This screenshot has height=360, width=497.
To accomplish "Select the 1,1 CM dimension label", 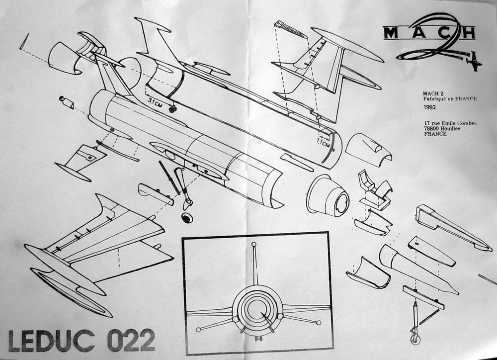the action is pyautogui.click(x=324, y=143).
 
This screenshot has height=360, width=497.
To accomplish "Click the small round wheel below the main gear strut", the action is pyautogui.click(x=187, y=217).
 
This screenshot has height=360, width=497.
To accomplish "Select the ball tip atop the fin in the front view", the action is pyautogui.click(x=254, y=245).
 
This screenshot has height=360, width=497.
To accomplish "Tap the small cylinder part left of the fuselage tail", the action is pyautogui.click(x=67, y=103).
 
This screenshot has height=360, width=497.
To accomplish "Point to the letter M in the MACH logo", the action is pyautogui.click(x=390, y=33).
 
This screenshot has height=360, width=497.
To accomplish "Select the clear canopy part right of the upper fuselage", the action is pyautogui.click(x=368, y=148).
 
